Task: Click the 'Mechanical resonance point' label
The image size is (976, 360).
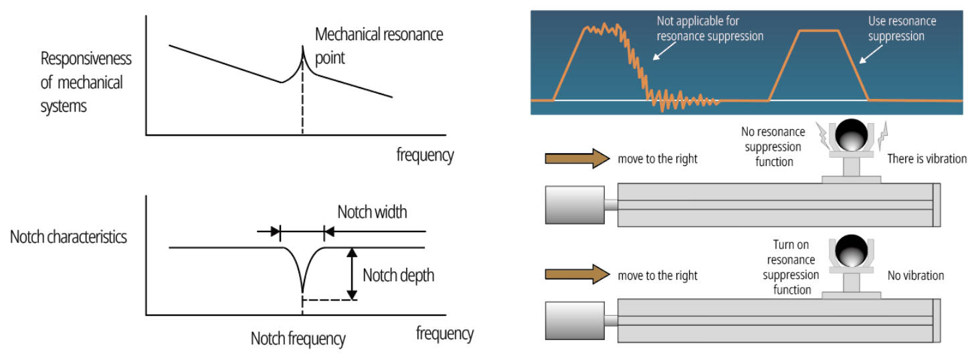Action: (379, 46)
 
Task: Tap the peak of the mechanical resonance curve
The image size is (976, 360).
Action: (303, 46)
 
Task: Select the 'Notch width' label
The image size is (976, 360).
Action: (372, 212)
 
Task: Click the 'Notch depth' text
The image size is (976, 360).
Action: (398, 276)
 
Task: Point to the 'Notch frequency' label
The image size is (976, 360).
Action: (298, 339)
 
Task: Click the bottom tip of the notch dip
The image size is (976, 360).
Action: (303, 292)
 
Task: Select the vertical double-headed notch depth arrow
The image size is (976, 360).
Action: (352, 274)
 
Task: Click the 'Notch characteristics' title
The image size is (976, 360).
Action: (68, 237)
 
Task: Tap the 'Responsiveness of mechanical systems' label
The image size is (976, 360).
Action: (86, 82)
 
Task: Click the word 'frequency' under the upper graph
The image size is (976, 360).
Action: (425, 155)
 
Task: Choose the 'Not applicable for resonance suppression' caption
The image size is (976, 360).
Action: (710, 28)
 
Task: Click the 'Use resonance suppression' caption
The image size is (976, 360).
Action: (902, 28)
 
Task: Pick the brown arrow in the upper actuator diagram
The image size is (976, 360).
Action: (577, 158)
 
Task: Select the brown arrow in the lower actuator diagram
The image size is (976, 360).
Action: (577, 274)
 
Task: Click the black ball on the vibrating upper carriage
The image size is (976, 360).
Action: (851, 134)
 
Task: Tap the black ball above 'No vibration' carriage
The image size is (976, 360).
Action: (851, 251)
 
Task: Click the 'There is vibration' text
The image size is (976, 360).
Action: (926, 159)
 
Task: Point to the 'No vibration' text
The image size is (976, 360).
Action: (915, 276)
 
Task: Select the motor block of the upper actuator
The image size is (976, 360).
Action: (575, 205)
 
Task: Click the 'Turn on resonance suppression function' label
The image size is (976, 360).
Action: (791, 267)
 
